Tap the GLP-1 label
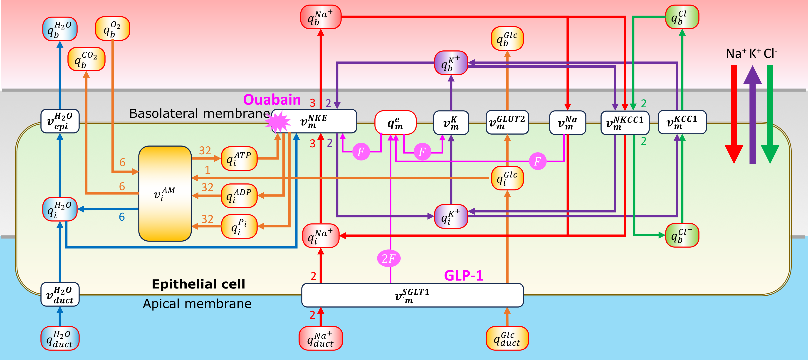click(x=463, y=275)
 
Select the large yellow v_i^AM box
click(x=165, y=193)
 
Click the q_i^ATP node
click(x=239, y=159)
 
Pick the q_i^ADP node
click(x=239, y=196)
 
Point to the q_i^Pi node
click(x=239, y=226)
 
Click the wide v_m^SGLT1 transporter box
click(x=412, y=295)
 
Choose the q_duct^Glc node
click(x=507, y=338)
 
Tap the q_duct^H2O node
click(x=60, y=338)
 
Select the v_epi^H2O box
click(x=60, y=121)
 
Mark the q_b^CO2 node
click(x=86, y=59)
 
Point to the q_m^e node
click(x=395, y=122)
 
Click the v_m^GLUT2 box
click(x=507, y=122)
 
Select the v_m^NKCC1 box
click(x=625, y=123)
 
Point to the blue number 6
click(x=122, y=217)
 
